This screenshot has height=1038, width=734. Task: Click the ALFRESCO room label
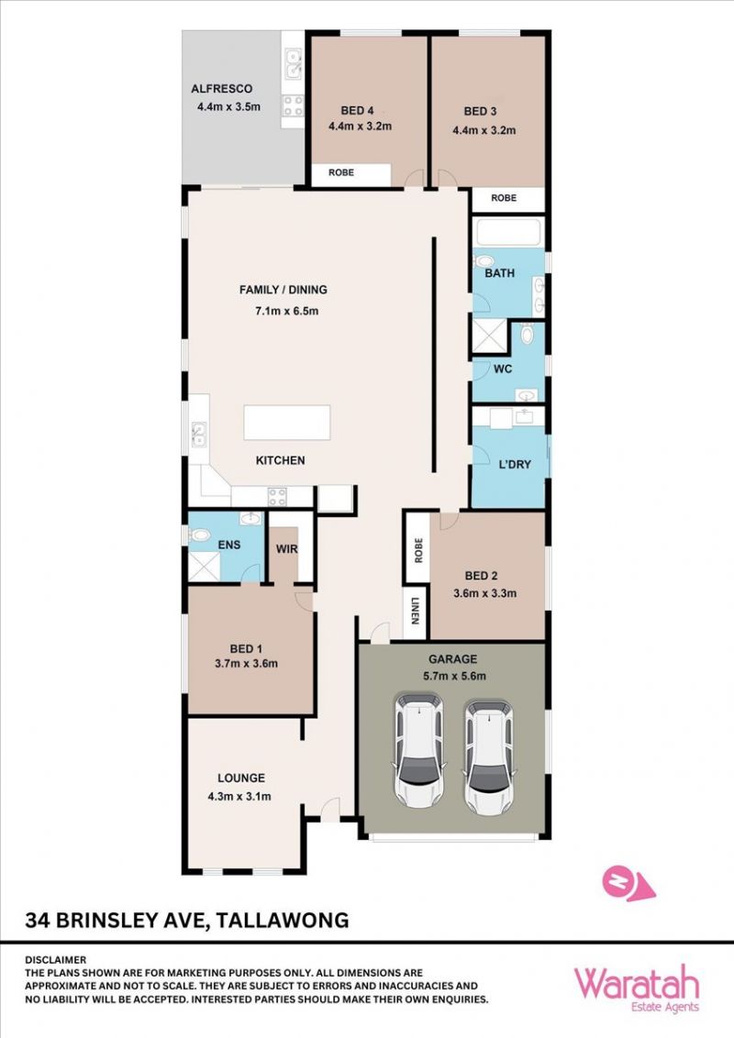[x=221, y=89]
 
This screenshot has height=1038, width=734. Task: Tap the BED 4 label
[x=358, y=111]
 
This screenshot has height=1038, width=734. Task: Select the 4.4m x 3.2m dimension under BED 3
[x=484, y=130]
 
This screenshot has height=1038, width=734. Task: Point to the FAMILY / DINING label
[x=283, y=289]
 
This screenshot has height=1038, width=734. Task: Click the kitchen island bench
[x=287, y=423]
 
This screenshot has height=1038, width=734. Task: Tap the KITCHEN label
[x=280, y=460]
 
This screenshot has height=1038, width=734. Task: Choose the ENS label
[x=229, y=545]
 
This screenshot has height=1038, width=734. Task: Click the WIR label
[x=287, y=548]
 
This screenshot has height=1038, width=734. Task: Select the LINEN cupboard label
[x=416, y=611]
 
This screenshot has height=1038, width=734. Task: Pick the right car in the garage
[x=489, y=758]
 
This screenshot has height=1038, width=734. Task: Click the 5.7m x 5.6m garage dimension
[x=454, y=676]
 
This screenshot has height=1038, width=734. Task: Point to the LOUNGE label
[x=241, y=778]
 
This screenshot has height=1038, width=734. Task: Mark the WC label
[x=503, y=369]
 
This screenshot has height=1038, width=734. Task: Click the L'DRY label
[x=515, y=464]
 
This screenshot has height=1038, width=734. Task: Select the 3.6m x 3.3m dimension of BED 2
[x=485, y=593]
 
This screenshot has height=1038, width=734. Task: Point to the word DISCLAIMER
[x=56, y=959]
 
